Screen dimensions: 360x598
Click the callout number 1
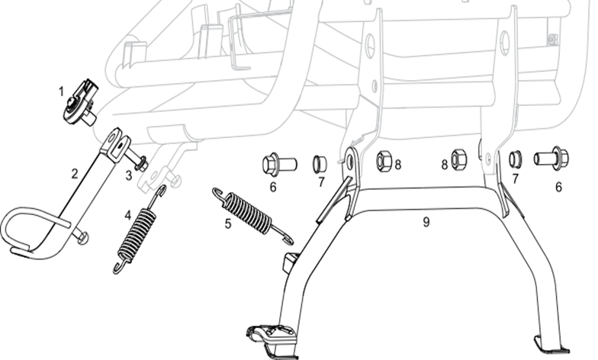[61, 91]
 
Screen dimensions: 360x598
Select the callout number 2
[75, 173]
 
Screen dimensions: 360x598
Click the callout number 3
[129, 175]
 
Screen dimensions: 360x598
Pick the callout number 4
[127, 214]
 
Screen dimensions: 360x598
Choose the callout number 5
[227, 225]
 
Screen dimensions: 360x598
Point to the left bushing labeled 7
[320, 162]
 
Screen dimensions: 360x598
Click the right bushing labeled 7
[516, 159]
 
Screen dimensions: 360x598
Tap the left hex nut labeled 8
[384, 162]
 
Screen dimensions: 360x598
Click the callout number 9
[426, 223]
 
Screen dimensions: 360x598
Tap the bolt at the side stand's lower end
[83, 239]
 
